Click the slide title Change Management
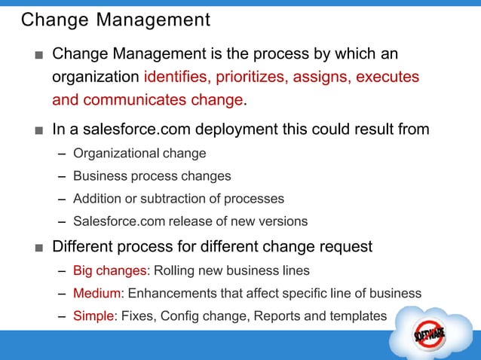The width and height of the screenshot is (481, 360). click(x=115, y=20)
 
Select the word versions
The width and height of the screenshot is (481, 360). click(x=283, y=221)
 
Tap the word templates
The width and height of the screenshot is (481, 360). click(x=357, y=316)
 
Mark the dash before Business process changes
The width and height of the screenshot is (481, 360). click(x=62, y=176)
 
